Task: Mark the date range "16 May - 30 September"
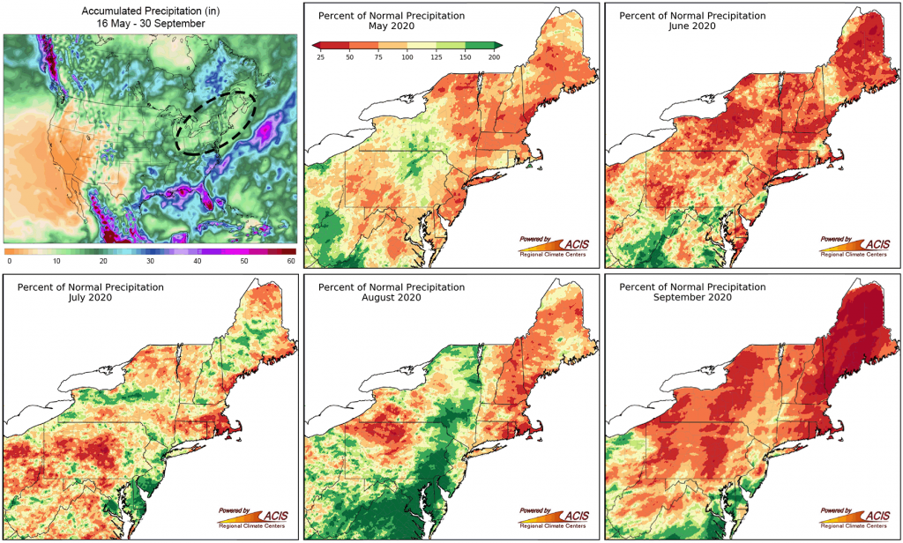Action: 151,24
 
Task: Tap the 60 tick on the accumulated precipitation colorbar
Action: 290,262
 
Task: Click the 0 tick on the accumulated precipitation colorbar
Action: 9,262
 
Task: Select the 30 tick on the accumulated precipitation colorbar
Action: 150,262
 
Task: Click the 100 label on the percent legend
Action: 407,56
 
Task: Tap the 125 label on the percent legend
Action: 437,56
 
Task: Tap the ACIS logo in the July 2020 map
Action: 256,517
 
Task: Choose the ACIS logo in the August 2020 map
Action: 556,517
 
